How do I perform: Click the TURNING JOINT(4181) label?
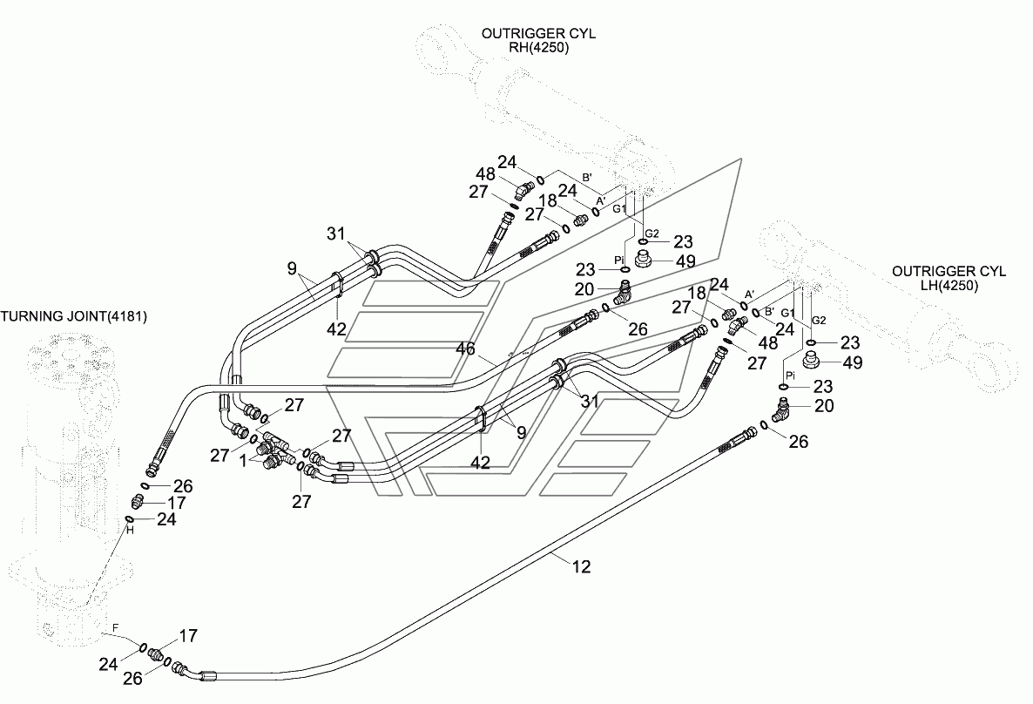click(x=74, y=317)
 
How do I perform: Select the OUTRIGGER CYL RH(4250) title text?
click(x=538, y=41)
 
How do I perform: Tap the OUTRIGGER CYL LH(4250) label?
click(x=949, y=279)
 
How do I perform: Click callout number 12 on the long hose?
click(x=581, y=566)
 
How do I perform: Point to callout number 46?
click(x=465, y=349)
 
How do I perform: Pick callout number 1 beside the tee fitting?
click(x=244, y=461)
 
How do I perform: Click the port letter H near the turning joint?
click(x=130, y=530)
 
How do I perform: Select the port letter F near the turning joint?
click(x=115, y=628)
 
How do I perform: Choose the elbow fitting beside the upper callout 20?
click(x=624, y=292)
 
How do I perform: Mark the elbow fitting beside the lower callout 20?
click(x=782, y=411)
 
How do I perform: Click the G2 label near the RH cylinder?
click(x=652, y=234)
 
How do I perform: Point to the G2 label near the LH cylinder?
click(x=818, y=321)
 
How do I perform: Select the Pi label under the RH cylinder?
click(x=620, y=261)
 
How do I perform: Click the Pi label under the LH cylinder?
click(x=790, y=375)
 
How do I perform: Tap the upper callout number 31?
click(x=336, y=234)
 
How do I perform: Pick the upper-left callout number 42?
click(x=337, y=329)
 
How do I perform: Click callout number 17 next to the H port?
click(x=177, y=503)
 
